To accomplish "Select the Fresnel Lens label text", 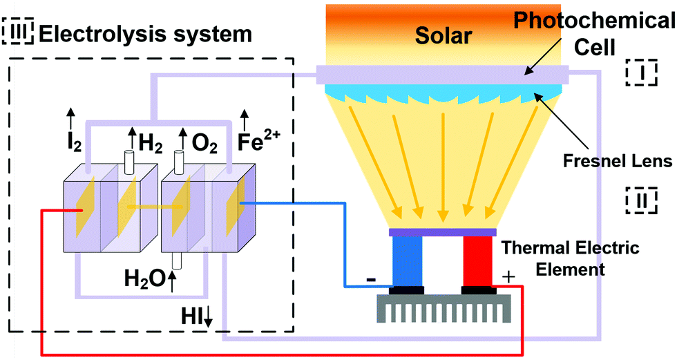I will pyautogui.click(x=629, y=162).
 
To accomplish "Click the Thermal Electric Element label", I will pyautogui.click(x=571, y=257).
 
